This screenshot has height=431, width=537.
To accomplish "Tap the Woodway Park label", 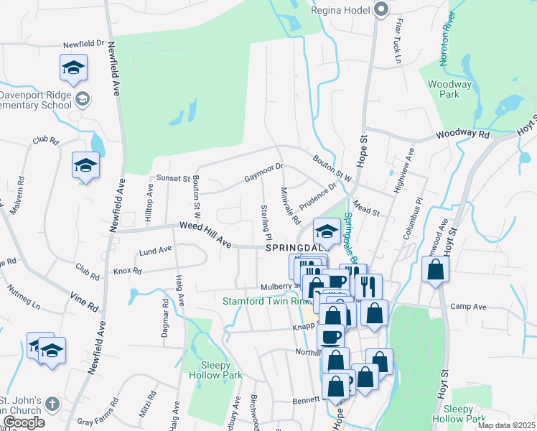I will [449, 89].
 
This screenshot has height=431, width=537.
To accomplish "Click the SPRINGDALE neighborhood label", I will [294, 248].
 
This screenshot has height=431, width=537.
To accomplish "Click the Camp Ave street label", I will [468, 307].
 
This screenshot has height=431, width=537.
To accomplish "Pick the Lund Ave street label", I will [156, 251].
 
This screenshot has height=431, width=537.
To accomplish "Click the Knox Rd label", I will [127, 272].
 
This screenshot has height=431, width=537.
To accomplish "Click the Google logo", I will [23, 422].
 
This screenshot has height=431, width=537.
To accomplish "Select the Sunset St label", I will [172, 177].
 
